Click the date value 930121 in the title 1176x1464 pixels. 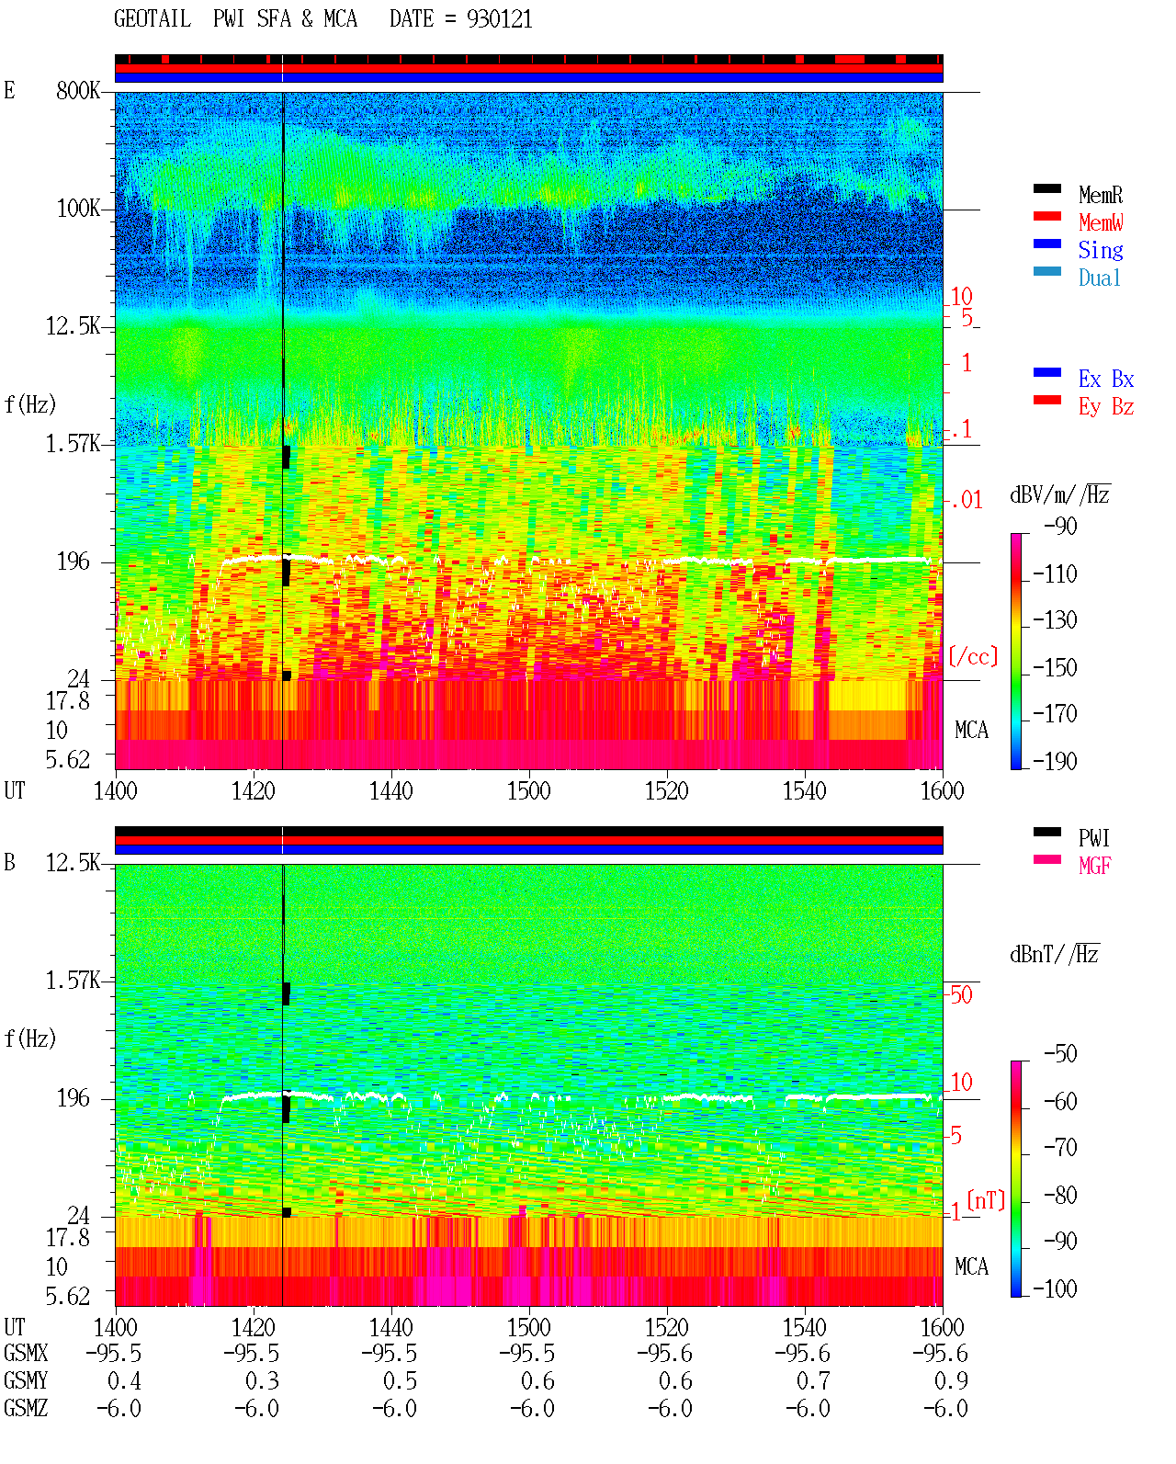[x=499, y=18]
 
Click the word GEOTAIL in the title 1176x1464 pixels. [x=153, y=18]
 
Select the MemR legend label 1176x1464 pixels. [x=1100, y=195]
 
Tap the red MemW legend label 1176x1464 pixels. [x=1100, y=221]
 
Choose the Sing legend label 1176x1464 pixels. [x=1100, y=250]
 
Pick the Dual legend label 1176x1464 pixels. [x=1099, y=278]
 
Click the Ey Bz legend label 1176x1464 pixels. [x=1106, y=406]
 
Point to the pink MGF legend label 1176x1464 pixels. [x=1094, y=866]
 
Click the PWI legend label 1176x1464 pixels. [x=1093, y=837]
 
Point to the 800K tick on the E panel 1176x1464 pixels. [x=78, y=90]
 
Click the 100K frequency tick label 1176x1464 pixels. [x=78, y=209]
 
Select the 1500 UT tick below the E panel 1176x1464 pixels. [x=528, y=790]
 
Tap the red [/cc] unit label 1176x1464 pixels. [x=973, y=656]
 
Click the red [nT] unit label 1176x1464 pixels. [x=986, y=1200]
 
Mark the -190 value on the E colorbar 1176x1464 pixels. [x=1055, y=761]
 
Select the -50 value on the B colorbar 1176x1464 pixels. [x=1060, y=1054]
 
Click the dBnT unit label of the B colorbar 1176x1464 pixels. [x=1054, y=955]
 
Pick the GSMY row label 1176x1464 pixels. [x=26, y=1380]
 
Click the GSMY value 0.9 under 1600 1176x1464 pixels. [x=951, y=1380]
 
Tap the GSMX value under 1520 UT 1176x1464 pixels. [x=664, y=1353]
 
